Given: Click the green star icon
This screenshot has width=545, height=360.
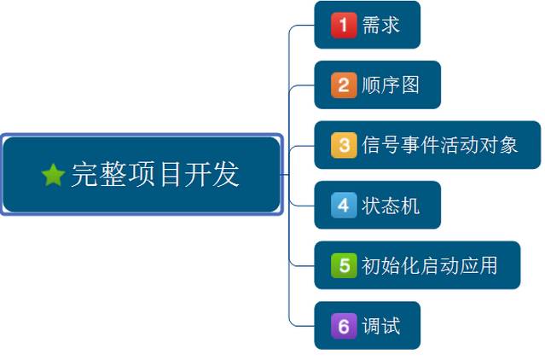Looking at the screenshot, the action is tap(53, 175).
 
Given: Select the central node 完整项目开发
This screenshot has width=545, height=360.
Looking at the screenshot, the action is tap(142, 174).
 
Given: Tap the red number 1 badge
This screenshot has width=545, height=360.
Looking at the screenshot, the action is tap(343, 25).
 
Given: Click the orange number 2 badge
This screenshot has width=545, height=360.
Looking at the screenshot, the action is tap(343, 84).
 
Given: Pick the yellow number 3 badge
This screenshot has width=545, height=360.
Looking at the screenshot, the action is tap(343, 145).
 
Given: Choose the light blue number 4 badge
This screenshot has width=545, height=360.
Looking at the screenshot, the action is tap(343, 205).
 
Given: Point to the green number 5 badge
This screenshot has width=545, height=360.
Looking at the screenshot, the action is tap(343, 265).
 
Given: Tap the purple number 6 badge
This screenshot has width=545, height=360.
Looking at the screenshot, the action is tap(343, 325).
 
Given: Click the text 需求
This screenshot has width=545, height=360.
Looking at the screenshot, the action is tap(380, 25).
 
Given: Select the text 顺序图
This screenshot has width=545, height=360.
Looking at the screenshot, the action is tap(391, 84).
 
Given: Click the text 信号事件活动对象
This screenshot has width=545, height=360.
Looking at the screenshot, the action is tap(440, 145).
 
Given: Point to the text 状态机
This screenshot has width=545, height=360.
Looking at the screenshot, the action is tap(391, 205).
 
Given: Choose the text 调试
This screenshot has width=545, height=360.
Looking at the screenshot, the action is tap(380, 325).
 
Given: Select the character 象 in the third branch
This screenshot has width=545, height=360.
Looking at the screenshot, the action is tap(508, 145).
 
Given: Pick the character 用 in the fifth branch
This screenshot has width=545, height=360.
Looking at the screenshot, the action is tap(488, 265).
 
